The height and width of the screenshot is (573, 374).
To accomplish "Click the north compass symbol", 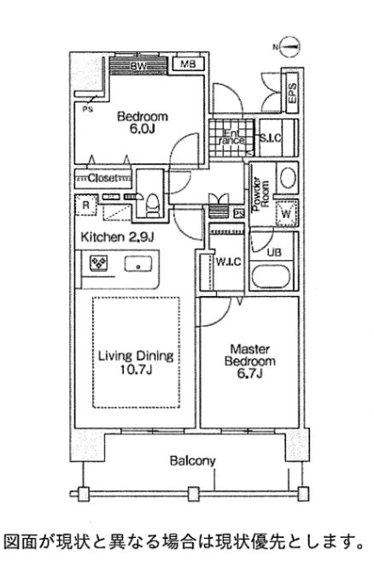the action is pyautogui.click(x=291, y=46).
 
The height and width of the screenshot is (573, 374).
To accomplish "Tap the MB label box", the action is pyautogui.click(x=188, y=64).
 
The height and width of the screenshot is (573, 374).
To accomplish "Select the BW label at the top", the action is pyautogui.click(x=138, y=67).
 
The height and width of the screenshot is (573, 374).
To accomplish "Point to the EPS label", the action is pyautogui.click(x=293, y=93).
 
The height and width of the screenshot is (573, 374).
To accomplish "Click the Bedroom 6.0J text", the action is pyautogui.click(x=143, y=123).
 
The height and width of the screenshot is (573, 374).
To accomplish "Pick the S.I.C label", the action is pyautogui.click(x=271, y=139).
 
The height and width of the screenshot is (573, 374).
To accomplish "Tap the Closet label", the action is pyautogui.click(x=103, y=179).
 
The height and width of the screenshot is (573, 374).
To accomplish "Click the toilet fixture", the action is pyautogui.click(x=151, y=205).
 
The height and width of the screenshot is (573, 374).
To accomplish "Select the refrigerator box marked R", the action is pyautogui.click(x=85, y=204).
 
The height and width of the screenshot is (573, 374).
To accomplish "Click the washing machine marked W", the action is pyautogui.click(x=286, y=213).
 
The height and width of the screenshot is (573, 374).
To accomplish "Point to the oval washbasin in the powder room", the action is pyautogui.click(x=288, y=178).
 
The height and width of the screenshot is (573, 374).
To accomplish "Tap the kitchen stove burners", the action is pyautogui.click(x=98, y=263).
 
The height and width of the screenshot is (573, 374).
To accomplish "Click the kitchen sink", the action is pyautogui.click(x=138, y=263).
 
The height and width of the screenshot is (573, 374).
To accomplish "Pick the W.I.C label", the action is pyautogui.click(x=228, y=262).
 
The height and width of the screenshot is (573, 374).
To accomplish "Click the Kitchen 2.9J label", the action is pyautogui.click(x=117, y=237).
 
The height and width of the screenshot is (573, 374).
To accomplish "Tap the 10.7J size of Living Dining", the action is pyautogui.click(x=136, y=369).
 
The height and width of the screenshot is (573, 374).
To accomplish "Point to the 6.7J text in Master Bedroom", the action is pyautogui.click(x=250, y=374).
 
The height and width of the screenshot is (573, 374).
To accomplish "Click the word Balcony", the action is pyautogui.click(x=193, y=461).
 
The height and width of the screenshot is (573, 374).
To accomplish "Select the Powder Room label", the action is pyautogui.click(x=261, y=194).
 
